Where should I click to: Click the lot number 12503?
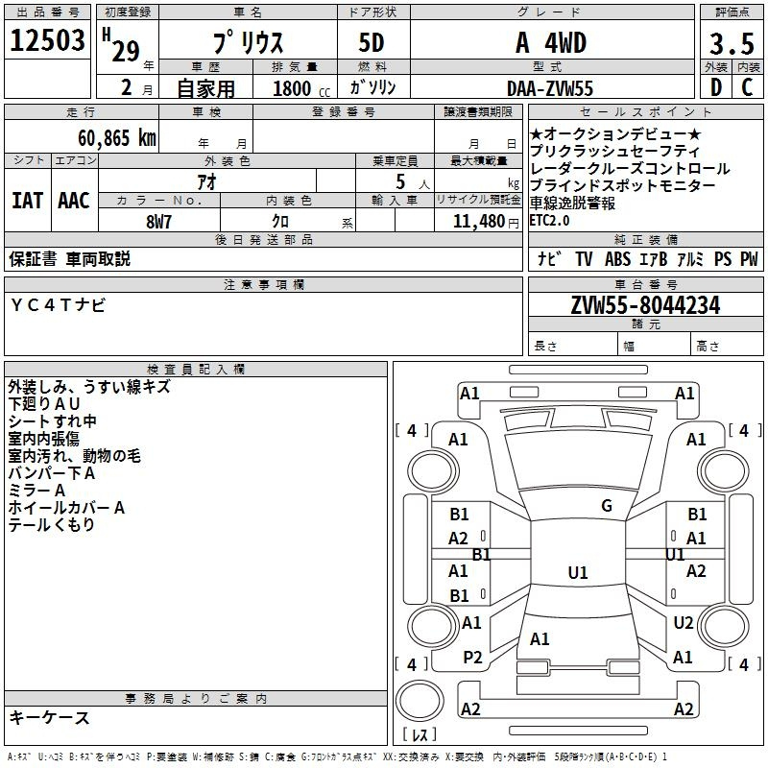(47, 41)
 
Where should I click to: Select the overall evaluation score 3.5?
(731, 44)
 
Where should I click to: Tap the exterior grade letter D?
(716, 87)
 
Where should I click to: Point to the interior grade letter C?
(747, 87)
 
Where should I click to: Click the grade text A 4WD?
(551, 43)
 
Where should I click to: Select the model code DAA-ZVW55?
(551, 87)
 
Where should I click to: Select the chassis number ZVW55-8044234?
(645, 305)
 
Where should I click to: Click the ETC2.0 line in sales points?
(549, 221)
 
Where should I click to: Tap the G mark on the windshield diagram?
(606, 506)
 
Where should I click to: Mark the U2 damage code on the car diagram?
(683, 623)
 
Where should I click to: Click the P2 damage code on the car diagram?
(472, 658)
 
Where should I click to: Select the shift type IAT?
(27, 201)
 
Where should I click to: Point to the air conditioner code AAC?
(74, 201)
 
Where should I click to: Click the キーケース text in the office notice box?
(50, 717)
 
